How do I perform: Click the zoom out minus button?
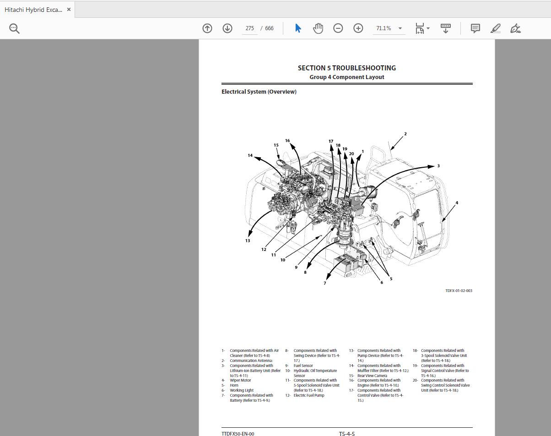coord(338,28)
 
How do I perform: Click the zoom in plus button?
coord(358,28)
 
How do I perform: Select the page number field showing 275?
coord(249,28)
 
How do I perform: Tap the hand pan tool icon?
coord(318,28)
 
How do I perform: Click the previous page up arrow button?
coord(207,28)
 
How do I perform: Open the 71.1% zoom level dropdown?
coord(400,28)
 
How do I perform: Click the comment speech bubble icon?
coord(475,28)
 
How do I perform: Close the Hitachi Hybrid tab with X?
coord(69,9)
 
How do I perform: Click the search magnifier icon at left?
coord(14,28)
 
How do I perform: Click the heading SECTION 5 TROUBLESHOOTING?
coord(346,68)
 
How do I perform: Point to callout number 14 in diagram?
coord(250,155)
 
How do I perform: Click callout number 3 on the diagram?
coord(438,166)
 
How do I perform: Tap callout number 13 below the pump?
coord(248,240)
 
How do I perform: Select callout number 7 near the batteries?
coord(325,283)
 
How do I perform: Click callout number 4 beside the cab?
coord(456,202)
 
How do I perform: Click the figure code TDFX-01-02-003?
coord(459,291)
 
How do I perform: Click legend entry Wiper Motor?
coord(240,380)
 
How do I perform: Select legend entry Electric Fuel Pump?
coord(308,395)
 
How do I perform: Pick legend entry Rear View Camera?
coord(372,376)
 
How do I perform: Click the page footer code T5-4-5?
coord(346,433)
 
